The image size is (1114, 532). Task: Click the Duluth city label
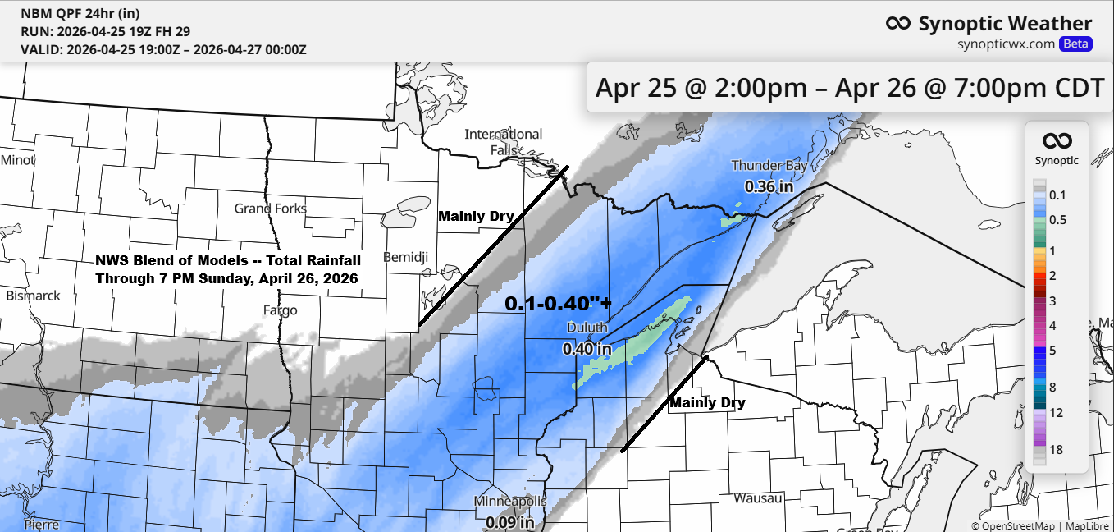pos(587,328)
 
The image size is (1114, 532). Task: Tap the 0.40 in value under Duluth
pos(587,349)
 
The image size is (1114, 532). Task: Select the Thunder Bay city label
pos(769,166)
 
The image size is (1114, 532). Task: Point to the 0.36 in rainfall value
pos(769,186)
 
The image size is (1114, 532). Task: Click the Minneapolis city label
pos(509,502)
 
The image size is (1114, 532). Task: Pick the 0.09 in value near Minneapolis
pos(509,521)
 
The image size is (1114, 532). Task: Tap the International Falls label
pos(503,141)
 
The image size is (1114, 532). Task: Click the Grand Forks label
pos(270,209)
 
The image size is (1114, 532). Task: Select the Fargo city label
pos(280,310)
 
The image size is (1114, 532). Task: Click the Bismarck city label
pos(33,296)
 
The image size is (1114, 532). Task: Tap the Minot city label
pos(18,160)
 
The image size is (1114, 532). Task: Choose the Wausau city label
pos(757,498)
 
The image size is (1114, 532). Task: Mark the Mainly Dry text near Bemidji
pos(476,217)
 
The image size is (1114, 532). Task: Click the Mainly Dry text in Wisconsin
pos(707,403)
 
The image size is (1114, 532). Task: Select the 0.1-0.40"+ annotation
pos(558,303)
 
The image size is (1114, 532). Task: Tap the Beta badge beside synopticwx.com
pos(1075,44)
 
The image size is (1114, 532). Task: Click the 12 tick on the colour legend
pos(1056,412)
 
